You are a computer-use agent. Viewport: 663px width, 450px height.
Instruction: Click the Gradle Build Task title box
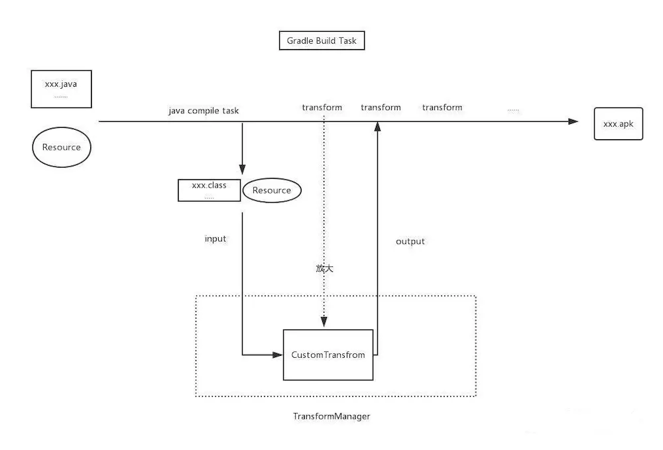click(322, 41)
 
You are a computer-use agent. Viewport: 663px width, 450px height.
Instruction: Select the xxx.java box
click(61, 89)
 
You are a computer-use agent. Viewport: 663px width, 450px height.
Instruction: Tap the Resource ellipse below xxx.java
click(61, 147)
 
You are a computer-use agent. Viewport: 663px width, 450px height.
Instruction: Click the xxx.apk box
click(618, 124)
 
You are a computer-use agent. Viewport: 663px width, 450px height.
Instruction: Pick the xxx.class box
click(209, 190)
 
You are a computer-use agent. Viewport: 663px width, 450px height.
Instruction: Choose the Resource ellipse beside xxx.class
click(272, 190)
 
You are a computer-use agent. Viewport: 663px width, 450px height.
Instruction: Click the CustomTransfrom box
click(328, 355)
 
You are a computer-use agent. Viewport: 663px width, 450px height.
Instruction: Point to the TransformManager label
click(331, 416)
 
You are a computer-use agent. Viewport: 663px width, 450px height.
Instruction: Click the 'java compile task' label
click(204, 111)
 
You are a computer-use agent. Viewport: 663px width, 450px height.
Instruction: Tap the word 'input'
click(215, 239)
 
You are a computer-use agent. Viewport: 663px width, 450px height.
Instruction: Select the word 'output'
click(410, 241)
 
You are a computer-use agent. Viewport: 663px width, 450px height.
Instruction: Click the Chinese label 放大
click(324, 268)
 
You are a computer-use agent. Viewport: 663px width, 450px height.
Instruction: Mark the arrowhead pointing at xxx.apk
click(573, 122)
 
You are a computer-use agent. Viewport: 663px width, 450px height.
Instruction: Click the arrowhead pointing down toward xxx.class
click(242, 169)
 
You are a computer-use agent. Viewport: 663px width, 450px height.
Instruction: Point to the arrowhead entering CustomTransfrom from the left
click(278, 355)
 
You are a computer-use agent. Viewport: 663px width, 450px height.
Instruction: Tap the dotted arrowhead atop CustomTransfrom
click(324, 323)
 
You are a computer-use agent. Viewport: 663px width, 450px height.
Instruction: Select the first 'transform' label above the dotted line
click(322, 107)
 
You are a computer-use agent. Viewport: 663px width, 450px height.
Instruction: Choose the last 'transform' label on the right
click(442, 107)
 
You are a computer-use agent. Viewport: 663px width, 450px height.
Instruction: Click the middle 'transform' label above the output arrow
click(381, 107)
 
